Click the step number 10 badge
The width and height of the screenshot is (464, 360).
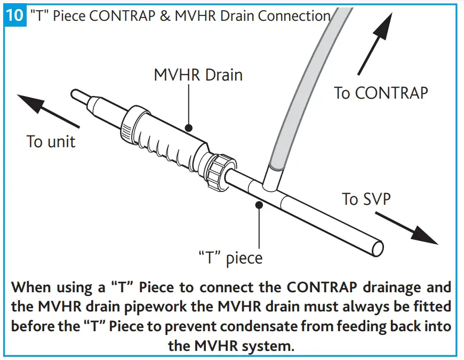click(x=14, y=14)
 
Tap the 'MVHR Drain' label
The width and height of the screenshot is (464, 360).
click(x=198, y=75)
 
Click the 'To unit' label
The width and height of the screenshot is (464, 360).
click(x=51, y=142)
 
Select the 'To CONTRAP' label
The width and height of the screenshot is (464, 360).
click(x=381, y=93)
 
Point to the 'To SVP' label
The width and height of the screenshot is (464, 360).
click(x=366, y=199)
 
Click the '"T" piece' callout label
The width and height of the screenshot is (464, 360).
click(x=230, y=258)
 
